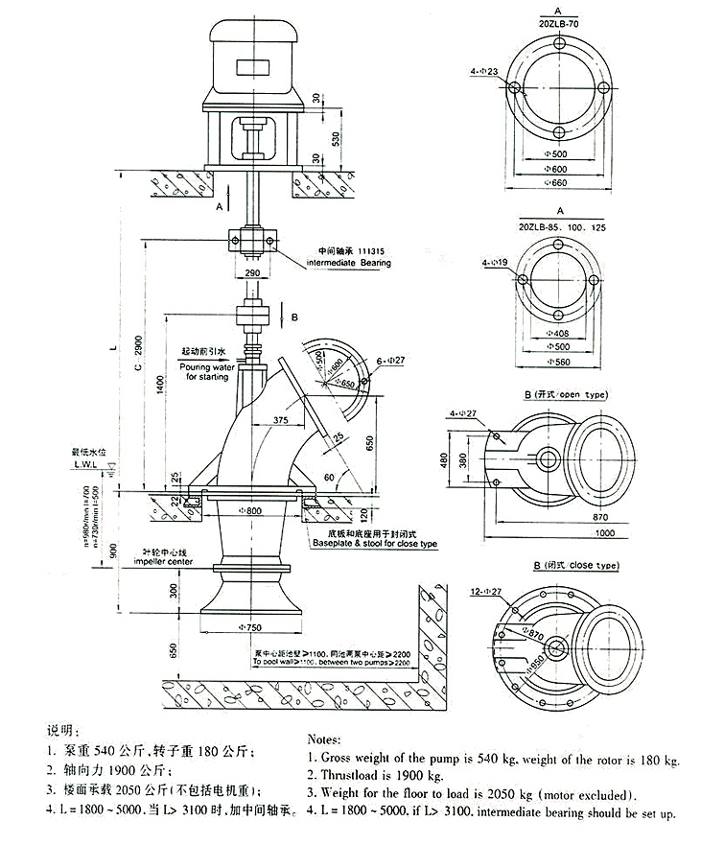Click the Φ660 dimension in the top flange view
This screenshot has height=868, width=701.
555,182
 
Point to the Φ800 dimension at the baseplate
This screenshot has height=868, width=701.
253,511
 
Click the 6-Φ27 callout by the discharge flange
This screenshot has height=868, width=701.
393,359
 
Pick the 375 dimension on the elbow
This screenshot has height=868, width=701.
281,420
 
